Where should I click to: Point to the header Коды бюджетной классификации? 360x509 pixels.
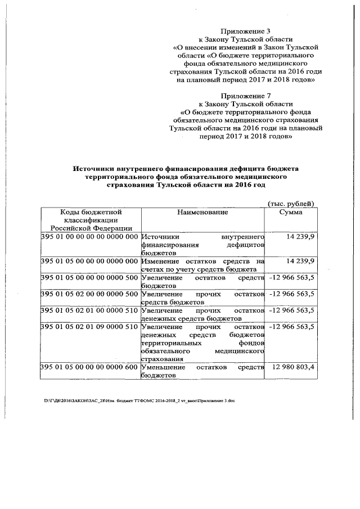point(91,220)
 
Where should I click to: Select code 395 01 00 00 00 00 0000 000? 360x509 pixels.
point(90,237)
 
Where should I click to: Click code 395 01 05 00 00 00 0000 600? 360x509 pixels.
point(90,367)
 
